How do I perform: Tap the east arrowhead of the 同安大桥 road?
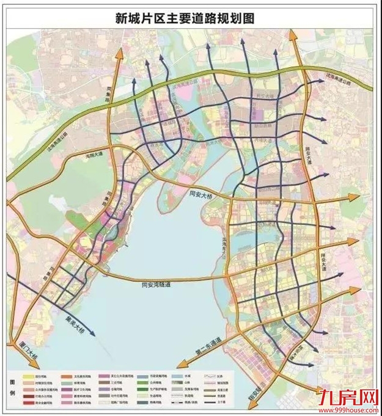pyautogui.click(x=358, y=197)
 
